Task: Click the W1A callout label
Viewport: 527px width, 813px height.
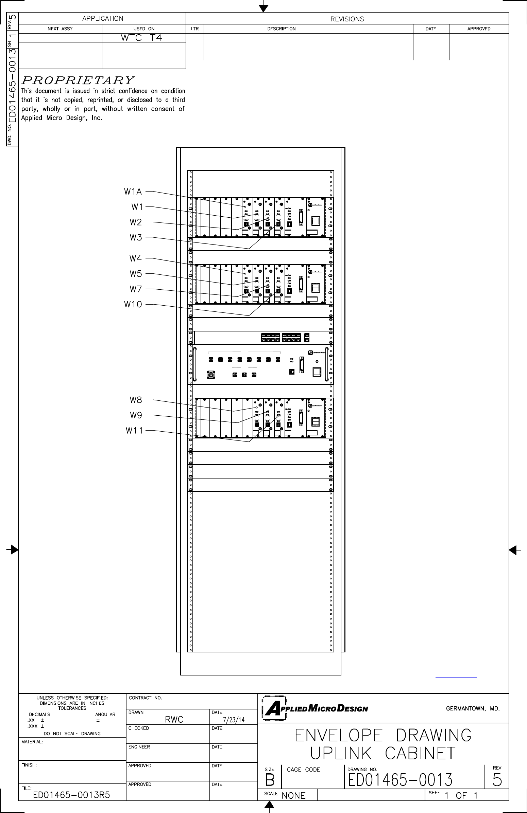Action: (133, 192)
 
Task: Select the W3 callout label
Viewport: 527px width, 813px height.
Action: (135, 237)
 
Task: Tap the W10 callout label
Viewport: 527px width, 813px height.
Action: (133, 304)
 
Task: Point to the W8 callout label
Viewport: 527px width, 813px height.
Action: (135, 400)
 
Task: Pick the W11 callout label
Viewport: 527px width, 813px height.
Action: (134, 430)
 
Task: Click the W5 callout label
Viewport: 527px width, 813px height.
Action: (135, 274)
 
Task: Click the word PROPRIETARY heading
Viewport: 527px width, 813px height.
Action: (78, 80)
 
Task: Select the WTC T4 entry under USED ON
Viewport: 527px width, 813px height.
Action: (141, 38)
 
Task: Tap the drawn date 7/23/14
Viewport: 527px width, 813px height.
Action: (234, 720)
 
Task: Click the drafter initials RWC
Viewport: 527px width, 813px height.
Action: (174, 719)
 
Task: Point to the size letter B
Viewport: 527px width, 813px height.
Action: (270, 780)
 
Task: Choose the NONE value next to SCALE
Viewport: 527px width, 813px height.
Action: (293, 796)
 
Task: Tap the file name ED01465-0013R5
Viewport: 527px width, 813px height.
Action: (71, 795)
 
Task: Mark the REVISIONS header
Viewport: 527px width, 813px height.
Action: (347, 19)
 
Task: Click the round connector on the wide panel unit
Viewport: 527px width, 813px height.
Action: (211, 375)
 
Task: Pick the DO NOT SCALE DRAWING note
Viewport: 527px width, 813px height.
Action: (72, 734)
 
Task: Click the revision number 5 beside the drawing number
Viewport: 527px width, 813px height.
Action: (496, 780)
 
